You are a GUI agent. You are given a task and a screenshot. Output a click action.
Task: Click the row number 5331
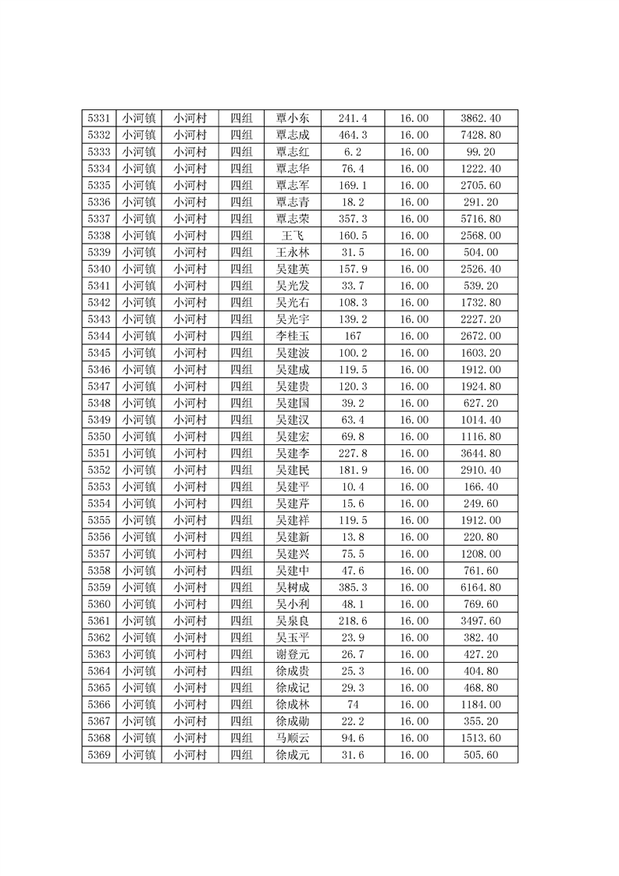coord(98,119)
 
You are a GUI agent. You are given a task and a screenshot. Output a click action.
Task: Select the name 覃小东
coord(293,119)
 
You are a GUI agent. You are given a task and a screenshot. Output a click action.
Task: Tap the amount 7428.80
coord(481,135)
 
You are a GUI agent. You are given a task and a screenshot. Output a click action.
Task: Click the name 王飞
coord(293,236)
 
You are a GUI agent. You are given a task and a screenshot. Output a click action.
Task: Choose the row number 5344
coord(98,336)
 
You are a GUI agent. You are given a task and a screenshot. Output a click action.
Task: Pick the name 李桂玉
coord(293,336)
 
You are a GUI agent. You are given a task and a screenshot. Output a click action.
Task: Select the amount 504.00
coord(481,252)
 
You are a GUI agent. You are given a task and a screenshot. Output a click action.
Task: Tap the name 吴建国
coord(293,403)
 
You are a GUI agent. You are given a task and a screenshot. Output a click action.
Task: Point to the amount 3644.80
coord(481,453)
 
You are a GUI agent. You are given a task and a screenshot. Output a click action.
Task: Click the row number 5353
coord(98,486)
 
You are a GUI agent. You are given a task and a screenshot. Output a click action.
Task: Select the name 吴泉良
coord(293,621)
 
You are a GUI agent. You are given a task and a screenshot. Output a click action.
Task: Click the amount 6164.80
coord(481,587)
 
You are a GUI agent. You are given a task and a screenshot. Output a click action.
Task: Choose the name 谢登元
coord(293,654)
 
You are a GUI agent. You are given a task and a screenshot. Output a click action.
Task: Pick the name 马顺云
coord(293,738)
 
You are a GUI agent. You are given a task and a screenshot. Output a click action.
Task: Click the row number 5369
coord(98,755)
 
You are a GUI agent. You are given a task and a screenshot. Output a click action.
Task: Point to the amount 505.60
coord(481,755)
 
